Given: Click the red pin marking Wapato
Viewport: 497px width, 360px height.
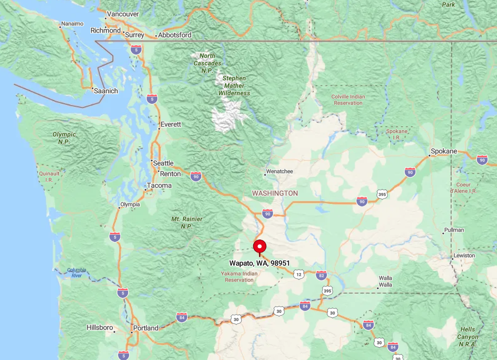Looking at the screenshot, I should click(x=259, y=247).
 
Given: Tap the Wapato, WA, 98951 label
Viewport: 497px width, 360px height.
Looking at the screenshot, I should click(x=259, y=263).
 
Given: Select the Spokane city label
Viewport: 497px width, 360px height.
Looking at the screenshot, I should click(x=443, y=152).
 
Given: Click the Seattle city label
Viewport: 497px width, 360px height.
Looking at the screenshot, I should click(x=163, y=163).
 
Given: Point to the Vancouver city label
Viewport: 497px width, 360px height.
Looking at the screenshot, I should click(x=122, y=14).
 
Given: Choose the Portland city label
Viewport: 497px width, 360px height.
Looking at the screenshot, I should click(x=145, y=328).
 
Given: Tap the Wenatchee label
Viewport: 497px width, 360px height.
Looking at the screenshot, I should click(x=280, y=171).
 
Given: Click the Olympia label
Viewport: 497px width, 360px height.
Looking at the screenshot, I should click(x=130, y=204).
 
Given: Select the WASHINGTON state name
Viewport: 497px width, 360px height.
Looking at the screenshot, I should click(x=275, y=193).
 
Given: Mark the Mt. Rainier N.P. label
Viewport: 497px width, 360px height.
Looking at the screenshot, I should click(x=187, y=222).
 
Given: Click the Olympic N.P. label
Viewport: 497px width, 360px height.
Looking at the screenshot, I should click(x=64, y=138).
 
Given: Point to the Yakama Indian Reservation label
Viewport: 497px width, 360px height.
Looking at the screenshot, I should click(x=239, y=277).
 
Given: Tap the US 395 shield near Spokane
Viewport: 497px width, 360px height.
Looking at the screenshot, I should click(x=382, y=194).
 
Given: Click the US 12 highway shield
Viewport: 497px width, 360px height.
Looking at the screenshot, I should click(x=299, y=274).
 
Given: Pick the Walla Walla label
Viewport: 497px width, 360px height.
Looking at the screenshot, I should click(x=385, y=281).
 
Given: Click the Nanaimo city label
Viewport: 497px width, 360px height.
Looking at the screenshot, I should click(x=72, y=23).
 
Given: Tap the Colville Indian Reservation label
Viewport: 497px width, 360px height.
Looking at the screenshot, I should click(x=348, y=99).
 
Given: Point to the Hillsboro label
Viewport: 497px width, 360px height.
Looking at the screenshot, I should click(x=100, y=327).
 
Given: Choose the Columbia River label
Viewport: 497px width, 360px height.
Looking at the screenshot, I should click(x=77, y=273).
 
